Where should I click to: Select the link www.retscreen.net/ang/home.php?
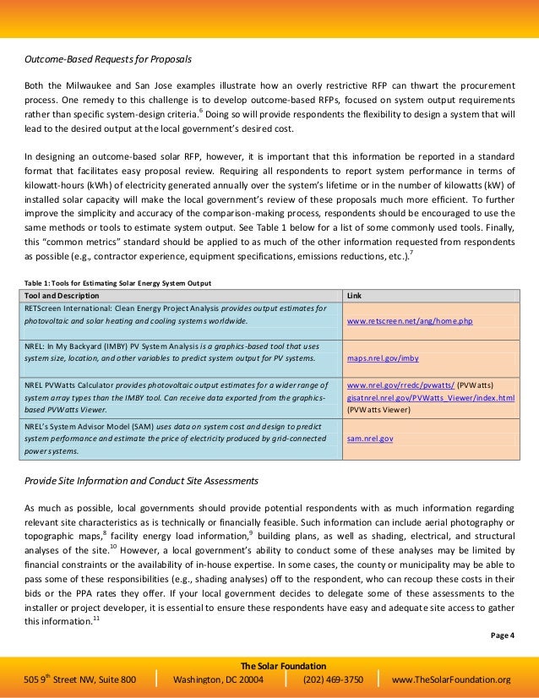click(409, 322)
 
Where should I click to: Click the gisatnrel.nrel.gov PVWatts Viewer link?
click(431, 397)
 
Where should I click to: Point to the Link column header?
click(357, 296)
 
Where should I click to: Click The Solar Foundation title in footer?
click(269, 666)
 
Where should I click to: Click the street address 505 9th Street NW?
click(79, 679)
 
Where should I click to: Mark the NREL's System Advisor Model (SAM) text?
click(90, 427)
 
